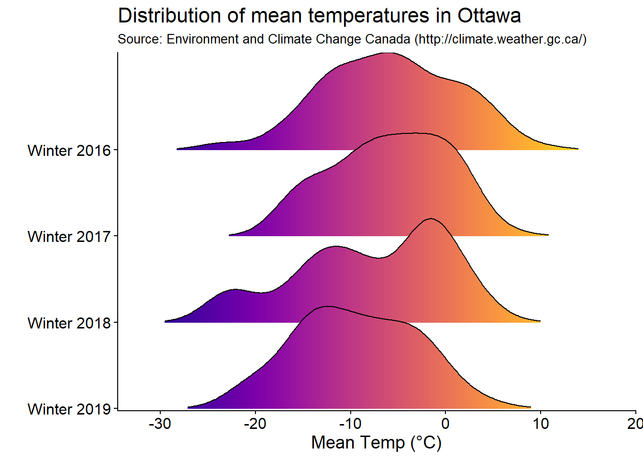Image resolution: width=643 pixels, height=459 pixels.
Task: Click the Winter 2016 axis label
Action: [x=69, y=151]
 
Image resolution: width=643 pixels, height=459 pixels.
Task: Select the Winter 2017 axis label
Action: [x=69, y=237]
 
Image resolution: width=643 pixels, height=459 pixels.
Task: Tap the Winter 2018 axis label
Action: [x=69, y=323]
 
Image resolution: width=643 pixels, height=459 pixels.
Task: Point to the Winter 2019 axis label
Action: [x=69, y=409]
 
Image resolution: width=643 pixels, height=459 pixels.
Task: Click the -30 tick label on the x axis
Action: [x=160, y=424]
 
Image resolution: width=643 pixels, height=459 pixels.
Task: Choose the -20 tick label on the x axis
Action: [x=255, y=424]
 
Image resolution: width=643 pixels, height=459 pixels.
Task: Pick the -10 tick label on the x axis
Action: [x=351, y=424]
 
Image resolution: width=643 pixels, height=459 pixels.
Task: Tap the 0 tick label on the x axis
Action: [x=445, y=424]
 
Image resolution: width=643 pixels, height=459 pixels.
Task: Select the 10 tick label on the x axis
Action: [x=541, y=424]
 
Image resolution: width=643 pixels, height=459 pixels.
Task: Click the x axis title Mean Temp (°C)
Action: [x=377, y=443]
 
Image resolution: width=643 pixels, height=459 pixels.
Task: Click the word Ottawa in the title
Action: [x=489, y=16]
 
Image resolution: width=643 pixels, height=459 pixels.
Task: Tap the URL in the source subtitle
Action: [x=500, y=39]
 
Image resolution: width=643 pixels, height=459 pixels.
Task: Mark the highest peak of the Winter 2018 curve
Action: [x=431, y=219]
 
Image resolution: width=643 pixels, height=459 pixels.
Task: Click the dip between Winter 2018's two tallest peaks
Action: [x=379, y=258]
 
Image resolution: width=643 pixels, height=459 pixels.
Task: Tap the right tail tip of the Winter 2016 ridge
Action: [x=577, y=149]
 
